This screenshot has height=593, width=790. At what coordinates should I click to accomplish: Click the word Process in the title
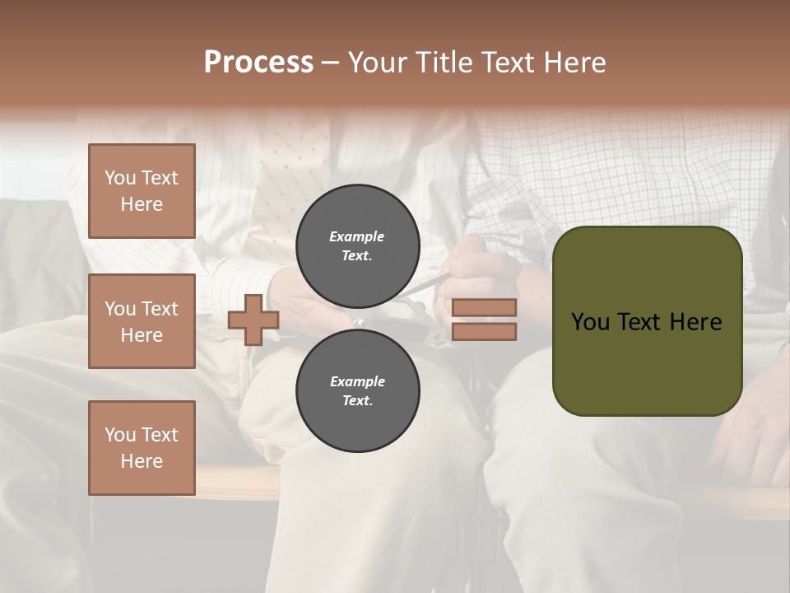[258, 63]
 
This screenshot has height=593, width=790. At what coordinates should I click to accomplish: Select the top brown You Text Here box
[142, 191]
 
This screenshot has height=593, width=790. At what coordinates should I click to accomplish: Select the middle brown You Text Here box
[142, 321]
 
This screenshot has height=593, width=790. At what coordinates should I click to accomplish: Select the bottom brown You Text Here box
[142, 447]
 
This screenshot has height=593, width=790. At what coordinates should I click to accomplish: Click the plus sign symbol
[253, 320]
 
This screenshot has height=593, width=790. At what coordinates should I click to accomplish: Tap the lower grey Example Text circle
[357, 390]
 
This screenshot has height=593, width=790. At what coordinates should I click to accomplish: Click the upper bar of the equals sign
[485, 307]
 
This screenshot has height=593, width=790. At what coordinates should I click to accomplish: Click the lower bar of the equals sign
[485, 331]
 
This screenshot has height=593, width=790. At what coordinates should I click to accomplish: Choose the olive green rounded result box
[647, 321]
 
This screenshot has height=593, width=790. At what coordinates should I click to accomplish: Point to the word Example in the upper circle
[356, 236]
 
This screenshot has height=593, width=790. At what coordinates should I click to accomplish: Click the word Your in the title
[377, 63]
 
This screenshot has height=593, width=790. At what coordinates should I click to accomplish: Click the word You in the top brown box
[118, 178]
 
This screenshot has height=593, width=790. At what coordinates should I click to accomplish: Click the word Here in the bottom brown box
[142, 461]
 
